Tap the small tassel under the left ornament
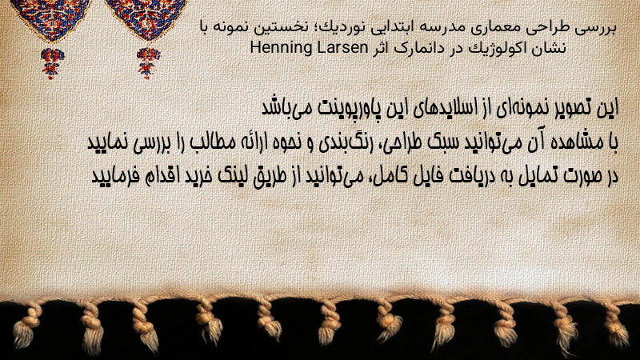[x=51, y=63]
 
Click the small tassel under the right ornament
[x=148, y=63]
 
